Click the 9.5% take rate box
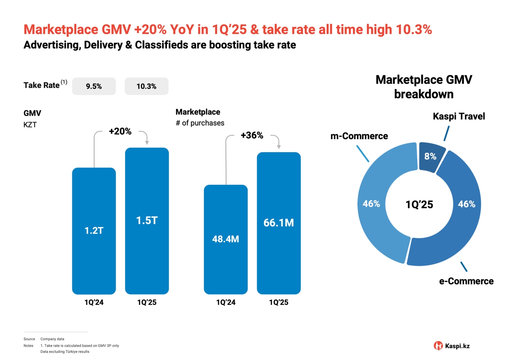[94, 86]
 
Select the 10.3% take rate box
[146, 86]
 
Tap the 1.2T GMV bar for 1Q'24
[94, 231]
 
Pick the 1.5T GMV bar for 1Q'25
[147, 221]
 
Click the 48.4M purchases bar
[226, 239]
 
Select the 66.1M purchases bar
[278, 223]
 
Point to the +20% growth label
[120, 131]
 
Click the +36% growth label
[252, 135]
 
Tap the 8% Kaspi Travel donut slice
[431, 157]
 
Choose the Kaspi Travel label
[459, 117]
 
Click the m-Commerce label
[359, 136]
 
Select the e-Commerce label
[466, 281]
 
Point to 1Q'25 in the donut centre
[419, 205]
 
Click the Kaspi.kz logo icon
[439, 346]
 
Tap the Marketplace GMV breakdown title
[424, 87]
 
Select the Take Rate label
[42, 85]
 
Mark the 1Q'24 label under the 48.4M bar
[226, 302]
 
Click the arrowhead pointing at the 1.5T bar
[147, 142]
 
